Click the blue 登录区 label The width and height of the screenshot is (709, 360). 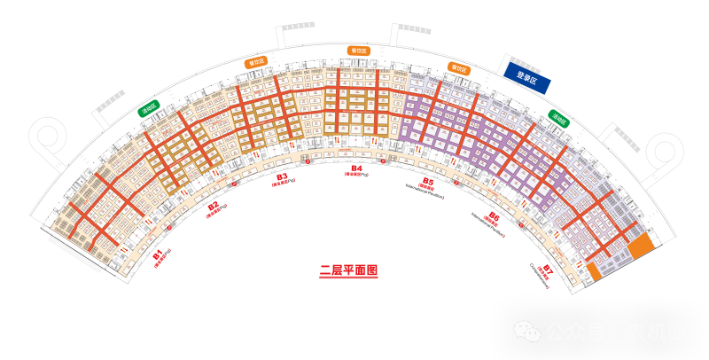point(527,77)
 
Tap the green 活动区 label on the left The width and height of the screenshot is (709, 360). point(148,108)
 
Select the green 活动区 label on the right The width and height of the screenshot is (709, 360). point(558,118)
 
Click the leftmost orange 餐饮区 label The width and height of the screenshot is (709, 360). point(256,62)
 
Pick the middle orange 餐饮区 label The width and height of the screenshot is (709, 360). point(359,51)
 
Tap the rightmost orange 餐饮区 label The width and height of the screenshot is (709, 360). point(459,68)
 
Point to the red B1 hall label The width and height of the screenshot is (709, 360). point(160,257)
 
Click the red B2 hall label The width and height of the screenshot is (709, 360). point(214,208)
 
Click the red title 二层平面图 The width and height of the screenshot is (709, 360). point(348,271)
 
